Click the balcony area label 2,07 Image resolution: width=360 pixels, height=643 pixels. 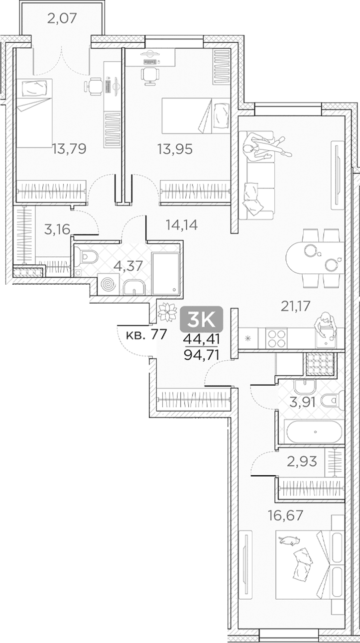62,18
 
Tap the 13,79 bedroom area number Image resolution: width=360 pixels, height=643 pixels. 69,149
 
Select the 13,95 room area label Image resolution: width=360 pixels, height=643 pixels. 175,149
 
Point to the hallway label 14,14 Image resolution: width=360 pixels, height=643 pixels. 182,225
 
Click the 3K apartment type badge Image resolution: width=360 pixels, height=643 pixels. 201,319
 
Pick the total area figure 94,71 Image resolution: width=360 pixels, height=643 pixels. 201,355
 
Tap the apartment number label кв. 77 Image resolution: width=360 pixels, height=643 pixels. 146,335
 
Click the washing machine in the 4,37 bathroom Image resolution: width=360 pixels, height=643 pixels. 109,284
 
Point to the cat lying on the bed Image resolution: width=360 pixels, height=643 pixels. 289,540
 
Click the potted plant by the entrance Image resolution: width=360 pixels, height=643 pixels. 167,312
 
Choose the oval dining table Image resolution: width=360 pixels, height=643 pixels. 315,258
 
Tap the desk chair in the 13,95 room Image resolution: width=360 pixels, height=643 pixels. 150,76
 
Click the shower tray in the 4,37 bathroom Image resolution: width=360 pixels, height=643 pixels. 165,274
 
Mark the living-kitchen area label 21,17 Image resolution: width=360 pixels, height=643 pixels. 295,306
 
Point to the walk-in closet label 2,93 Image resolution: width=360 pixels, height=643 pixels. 302,461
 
